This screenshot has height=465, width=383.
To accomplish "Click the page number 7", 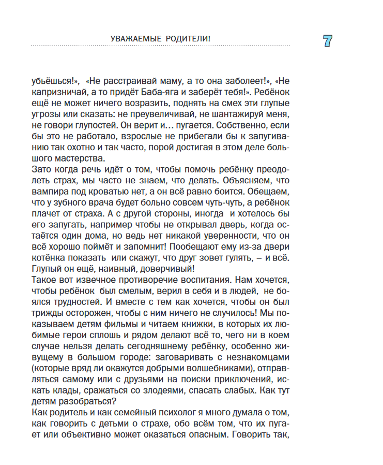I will [x=327, y=41].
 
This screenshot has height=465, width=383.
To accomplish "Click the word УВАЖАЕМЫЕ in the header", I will [x=136, y=39].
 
